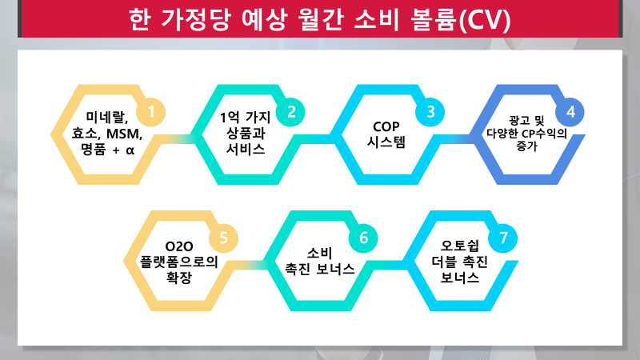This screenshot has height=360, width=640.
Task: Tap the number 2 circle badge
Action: pyautogui.click(x=291, y=110)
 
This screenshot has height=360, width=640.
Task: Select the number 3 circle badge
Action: pyautogui.click(x=430, y=110)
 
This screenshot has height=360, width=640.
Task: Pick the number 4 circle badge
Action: pyautogui.click(x=570, y=110)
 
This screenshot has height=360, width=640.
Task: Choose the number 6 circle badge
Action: pyautogui.click(x=362, y=237)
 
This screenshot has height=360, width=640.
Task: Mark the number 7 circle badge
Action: pyautogui.click(x=502, y=237)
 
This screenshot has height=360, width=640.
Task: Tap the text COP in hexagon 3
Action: pyautogui.click(x=386, y=126)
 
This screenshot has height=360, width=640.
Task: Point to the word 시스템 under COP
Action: pyautogui.click(x=386, y=143)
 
